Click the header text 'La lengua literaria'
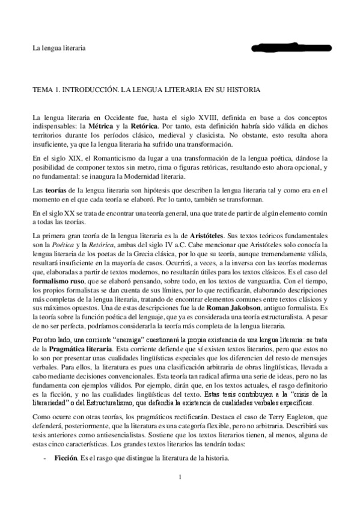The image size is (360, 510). click(58, 48)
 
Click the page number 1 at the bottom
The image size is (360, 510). click(180, 494)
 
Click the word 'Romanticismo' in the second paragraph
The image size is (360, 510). click(108, 158)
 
